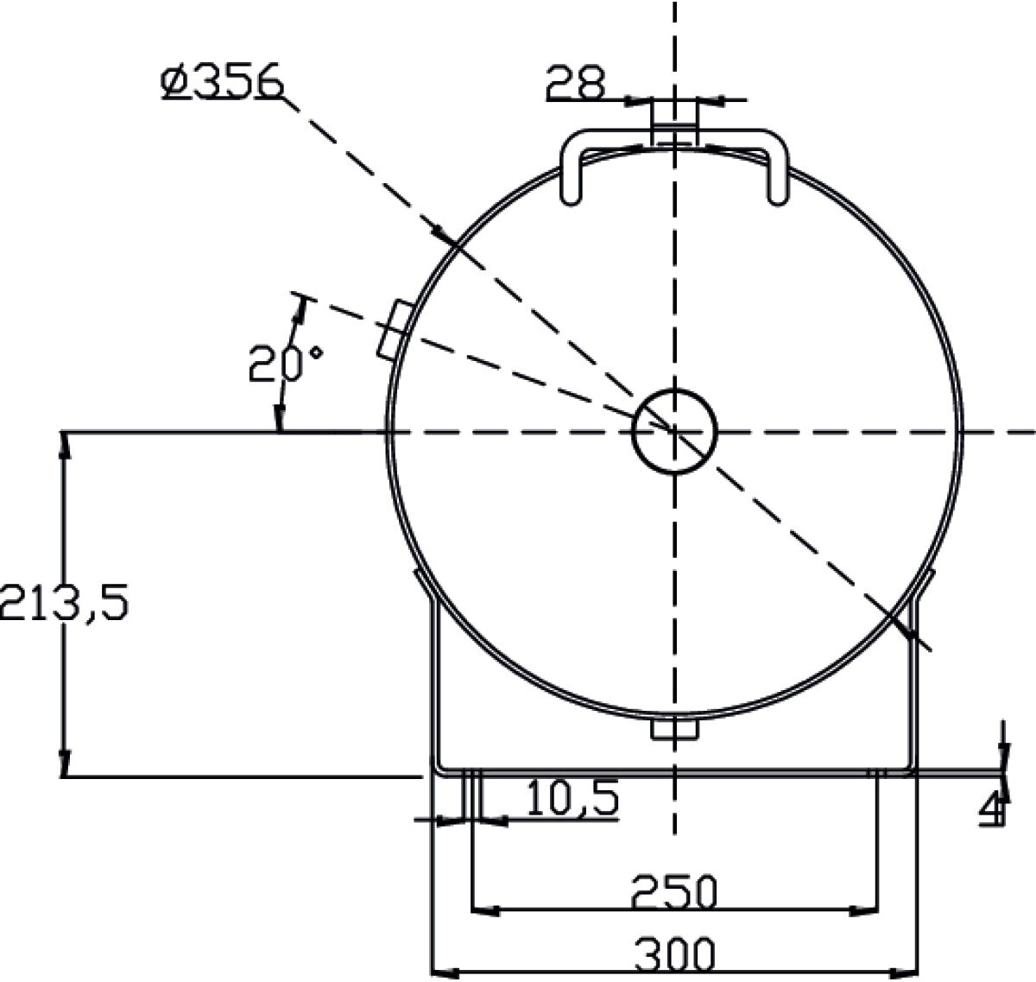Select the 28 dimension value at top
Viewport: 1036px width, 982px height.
(x=576, y=82)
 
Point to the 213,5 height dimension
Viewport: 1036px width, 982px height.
(x=64, y=602)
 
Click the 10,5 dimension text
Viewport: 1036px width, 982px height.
(x=572, y=797)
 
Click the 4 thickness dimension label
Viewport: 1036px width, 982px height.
(x=992, y=809)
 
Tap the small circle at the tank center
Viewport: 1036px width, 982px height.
(x=674, y=431)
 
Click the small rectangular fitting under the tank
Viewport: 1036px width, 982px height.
(x=674, y=730)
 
